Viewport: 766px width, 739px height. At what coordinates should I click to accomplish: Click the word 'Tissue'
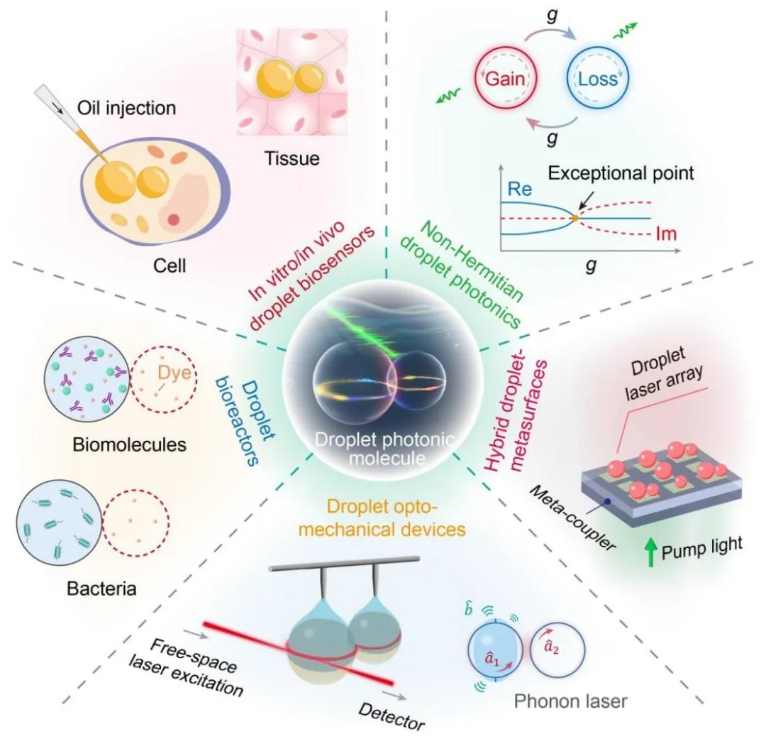292,159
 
